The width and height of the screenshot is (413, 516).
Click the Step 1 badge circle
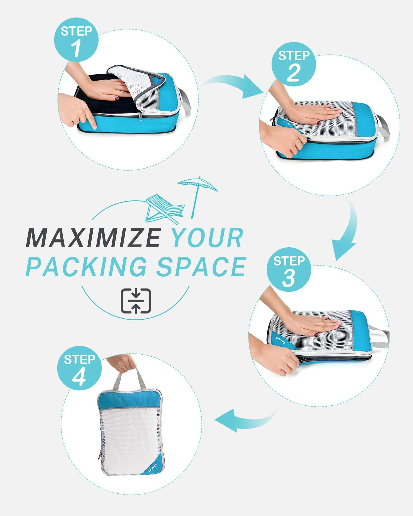(76, 40)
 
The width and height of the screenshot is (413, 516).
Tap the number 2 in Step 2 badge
(294, 73)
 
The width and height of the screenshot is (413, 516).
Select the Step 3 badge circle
(289, 270)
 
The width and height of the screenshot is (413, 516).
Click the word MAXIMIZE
(93, 238)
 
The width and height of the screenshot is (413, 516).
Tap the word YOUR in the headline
(207, 238)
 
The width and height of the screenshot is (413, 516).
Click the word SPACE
(201, 267)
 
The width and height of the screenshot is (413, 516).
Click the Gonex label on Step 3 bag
(281, 340)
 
